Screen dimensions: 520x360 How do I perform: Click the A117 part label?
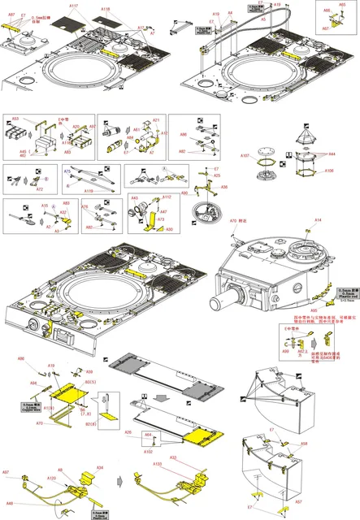click(73, 6)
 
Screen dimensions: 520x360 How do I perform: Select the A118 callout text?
click(106, 9)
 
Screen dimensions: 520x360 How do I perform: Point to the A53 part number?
click(15, 119)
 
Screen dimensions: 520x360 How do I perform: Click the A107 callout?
click(244, 155)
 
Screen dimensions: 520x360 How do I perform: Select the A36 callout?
click(223, 187)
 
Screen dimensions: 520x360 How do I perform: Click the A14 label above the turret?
click(318, 220)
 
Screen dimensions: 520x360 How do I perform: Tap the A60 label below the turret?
click(314, 310)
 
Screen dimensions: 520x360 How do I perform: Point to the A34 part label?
click(100, 468)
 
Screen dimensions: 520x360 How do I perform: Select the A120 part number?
click(50, 479)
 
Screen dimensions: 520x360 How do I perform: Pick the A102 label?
click(149, 452)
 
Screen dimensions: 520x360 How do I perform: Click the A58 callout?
click(304, 444)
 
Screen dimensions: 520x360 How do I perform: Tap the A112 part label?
click(166, 197)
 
